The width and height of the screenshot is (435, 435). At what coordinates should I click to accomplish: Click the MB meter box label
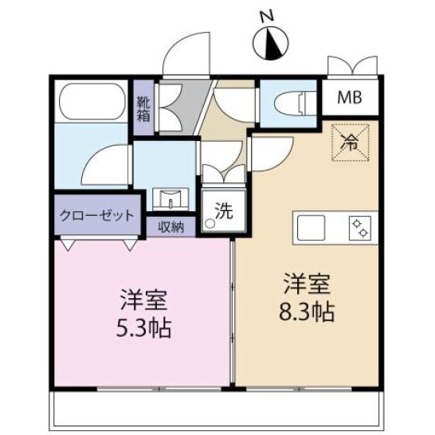pyautogui.click(x=350, y=97)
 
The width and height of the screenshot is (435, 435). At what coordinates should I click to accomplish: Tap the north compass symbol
pyautogui.click(x=271, y=44)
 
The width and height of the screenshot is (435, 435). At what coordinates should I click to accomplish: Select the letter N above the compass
pyautogui.click(x=268, y=16)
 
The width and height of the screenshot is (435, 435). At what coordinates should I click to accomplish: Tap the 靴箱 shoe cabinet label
pyautogui.click(x=143, y=109)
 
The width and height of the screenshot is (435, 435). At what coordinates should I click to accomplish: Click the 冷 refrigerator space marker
pyautogui.click(x=350, y=143)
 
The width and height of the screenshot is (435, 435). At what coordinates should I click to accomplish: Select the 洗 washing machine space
pyautogui.click(x=224, y=211)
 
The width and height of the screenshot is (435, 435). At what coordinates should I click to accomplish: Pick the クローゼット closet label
pyautogui.click(x=97, y=215)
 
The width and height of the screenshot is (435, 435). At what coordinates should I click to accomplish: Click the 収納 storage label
pyautogui.click(x=171, y=227)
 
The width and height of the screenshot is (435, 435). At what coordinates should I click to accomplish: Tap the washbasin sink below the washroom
pyautogui.click(x=170, y=198)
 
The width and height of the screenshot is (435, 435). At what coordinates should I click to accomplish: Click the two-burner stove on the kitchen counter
pyautogui.click(x=360, y=228)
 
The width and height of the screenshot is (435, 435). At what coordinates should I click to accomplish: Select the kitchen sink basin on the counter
pyautogui.click(x=311, y=228)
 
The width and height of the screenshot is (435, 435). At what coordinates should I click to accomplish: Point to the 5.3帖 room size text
pyautogui.click(x=143, y=328)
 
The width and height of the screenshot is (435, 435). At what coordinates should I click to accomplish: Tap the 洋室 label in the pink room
pyautogui.click(x=143, y=300)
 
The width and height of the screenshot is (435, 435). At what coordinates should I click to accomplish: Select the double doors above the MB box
pyautogui.click(x=353, y=65)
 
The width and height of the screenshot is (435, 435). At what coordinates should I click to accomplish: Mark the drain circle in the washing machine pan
pyautogui.click(x=210, y=223)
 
